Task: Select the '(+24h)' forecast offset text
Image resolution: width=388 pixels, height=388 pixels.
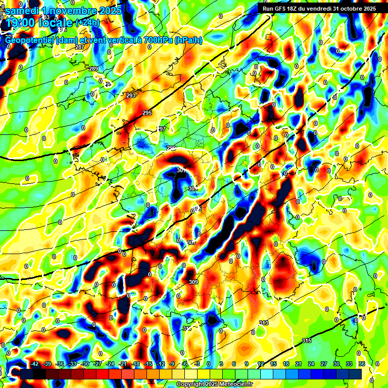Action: [87, 22]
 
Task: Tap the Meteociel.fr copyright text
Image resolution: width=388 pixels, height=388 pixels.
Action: [215, 384]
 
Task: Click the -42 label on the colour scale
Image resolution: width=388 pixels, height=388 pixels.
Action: [35, 364]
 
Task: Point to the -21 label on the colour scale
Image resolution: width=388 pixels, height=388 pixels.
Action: [122, 364]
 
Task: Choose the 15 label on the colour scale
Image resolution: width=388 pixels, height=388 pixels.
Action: [273, 364]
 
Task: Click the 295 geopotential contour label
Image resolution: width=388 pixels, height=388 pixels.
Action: [147, 113]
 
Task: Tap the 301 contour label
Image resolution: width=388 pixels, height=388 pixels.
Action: [181, 171]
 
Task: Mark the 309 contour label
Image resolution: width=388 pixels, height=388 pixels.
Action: [193, 282]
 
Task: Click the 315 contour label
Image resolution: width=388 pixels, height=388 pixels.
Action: [307, 341]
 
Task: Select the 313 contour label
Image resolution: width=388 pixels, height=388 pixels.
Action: [263, 323]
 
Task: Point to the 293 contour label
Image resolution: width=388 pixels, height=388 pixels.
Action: [131, 95]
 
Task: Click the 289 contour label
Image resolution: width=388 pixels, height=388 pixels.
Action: [93, 69]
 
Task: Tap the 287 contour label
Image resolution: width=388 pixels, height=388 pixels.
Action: [79, 47]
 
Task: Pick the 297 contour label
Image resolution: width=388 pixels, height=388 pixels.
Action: [161, 129]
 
